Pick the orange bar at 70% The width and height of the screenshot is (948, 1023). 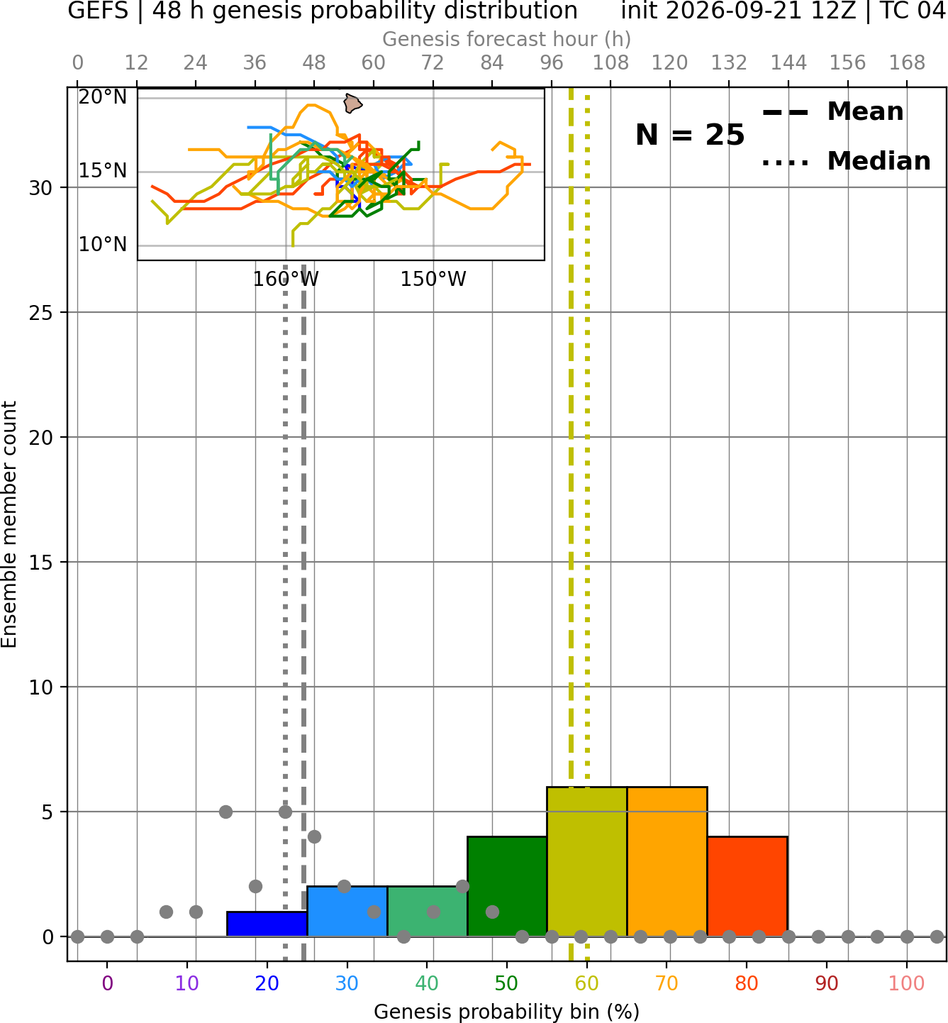click(x=667, y=861)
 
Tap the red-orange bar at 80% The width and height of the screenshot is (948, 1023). click(x=747, y=887)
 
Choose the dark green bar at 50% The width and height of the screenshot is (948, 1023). click(x=507, y=887)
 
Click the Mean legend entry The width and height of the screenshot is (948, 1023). click(x=832, y=112)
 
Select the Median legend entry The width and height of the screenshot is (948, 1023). click(x=846, y=161)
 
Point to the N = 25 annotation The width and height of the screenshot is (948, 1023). click(x=690, y=135)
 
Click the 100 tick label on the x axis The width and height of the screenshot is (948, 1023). click(x=906, y=983)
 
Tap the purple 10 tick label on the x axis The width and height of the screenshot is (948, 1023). click(x=187, y=983)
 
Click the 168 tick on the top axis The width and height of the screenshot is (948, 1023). click(x=907, y=63)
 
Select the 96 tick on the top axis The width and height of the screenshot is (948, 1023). click(x=552, y=63)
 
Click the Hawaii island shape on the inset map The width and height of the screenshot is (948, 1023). click(x=352, y=103)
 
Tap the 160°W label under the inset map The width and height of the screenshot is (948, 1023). click(x=286, y=280)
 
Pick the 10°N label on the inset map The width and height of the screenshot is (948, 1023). click(x=103, y=244)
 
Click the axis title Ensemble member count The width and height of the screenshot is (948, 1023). click(x=9, y=524)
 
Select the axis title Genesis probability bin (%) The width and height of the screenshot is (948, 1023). click(x=507, y=1011)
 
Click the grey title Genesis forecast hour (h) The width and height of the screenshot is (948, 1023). click(x=507, y=39)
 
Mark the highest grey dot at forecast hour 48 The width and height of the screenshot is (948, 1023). click(x=314, y=836)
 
